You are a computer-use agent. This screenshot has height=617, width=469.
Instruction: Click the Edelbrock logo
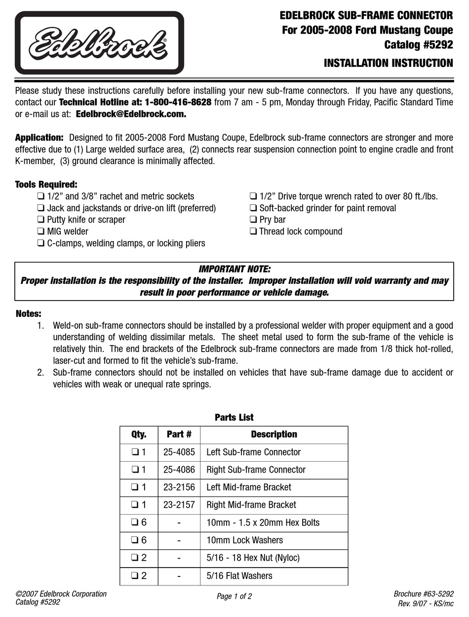coord(99,43)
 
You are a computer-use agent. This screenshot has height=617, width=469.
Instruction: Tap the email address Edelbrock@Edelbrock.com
coord(131,114)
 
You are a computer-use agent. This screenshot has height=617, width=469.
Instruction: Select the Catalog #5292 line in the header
coord(419,45)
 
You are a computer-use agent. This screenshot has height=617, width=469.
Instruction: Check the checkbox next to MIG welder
coord(41,231)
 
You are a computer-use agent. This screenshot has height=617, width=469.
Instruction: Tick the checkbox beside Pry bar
coord(253,220)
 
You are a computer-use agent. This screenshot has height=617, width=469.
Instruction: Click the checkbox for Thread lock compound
coord(253,231)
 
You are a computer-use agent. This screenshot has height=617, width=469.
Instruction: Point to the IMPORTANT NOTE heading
coord(234,269)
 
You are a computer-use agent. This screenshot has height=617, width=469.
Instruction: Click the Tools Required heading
coord(46,184)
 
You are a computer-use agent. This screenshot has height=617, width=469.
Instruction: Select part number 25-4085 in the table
coord(179,452)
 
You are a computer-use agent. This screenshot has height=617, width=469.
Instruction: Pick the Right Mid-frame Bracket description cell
coord(251,505)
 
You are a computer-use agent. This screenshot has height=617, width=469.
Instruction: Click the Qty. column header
coord(138,435)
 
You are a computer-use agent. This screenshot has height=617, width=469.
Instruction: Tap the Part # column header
coord(179,435)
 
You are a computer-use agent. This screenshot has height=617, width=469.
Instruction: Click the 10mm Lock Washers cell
coord(244,540)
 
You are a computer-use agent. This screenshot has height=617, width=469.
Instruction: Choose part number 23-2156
coord(179,487)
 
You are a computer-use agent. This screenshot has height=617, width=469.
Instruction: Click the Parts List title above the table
coord(234,417)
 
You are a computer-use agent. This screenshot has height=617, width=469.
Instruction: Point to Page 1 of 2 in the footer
coord(234,596)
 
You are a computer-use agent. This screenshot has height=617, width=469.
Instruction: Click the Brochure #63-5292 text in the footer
coord(424,594)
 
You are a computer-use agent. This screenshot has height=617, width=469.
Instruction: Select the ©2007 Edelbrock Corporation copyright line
coord(61,594)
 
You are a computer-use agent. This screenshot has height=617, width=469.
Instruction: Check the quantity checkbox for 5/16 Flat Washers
coord(135,576)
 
